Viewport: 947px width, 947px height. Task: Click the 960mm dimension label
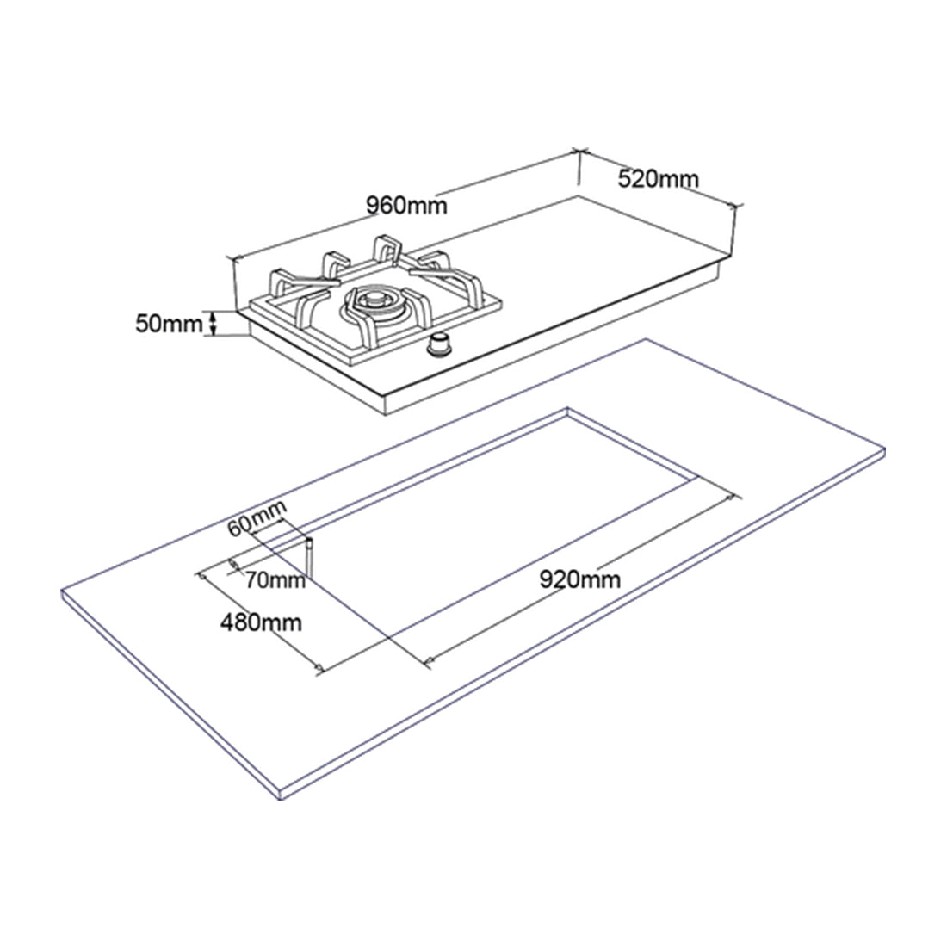[407, 206]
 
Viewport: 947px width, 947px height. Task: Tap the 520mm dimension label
[659, 178]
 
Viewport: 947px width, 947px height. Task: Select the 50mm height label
[169, 324]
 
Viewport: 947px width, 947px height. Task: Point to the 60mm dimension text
[257, 517]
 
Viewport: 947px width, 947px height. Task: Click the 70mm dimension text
[275, 580]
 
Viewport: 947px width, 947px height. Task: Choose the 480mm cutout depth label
[261, 622]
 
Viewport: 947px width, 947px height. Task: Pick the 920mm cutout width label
[579, 579]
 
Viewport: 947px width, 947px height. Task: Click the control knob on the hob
[440, 345]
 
